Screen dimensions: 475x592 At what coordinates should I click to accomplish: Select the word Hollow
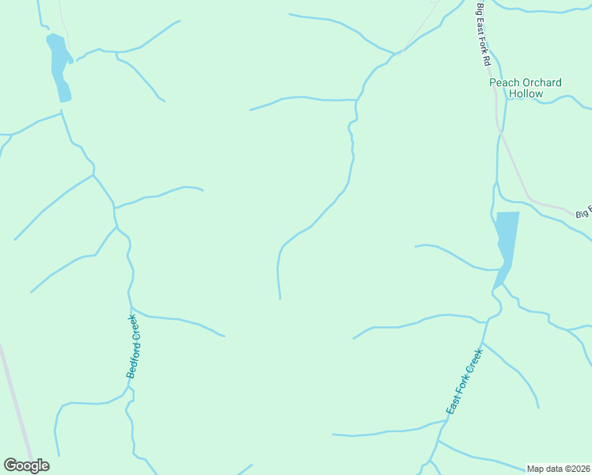pos(526,93)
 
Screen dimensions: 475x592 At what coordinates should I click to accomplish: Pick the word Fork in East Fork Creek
pos(464,383)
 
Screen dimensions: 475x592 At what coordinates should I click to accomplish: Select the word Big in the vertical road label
pos(479,10)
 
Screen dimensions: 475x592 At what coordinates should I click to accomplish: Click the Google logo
pos(26,465)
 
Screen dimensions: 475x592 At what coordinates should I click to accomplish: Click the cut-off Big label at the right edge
pos(584,213)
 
